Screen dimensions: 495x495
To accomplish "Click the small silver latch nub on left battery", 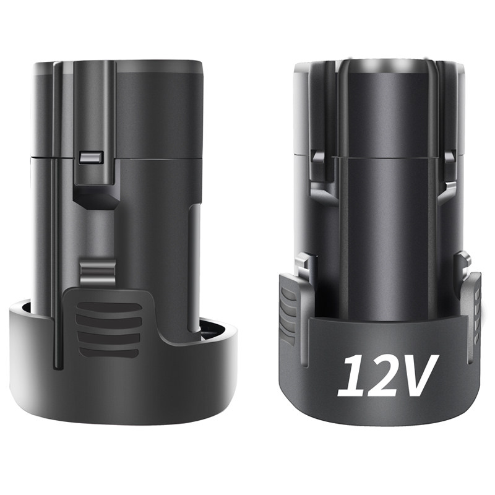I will coord(90,157).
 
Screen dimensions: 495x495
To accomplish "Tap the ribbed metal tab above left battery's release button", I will coord(97,272).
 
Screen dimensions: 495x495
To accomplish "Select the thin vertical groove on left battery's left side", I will coord(57,217).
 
